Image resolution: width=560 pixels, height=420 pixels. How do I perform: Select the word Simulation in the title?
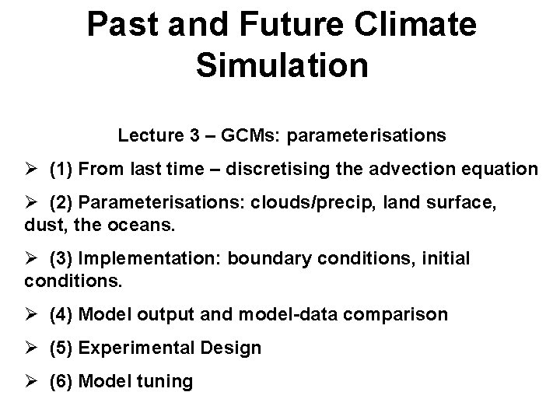[x=282, y=65]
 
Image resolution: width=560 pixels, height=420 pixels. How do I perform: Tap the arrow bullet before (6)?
[x=31, y=382]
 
